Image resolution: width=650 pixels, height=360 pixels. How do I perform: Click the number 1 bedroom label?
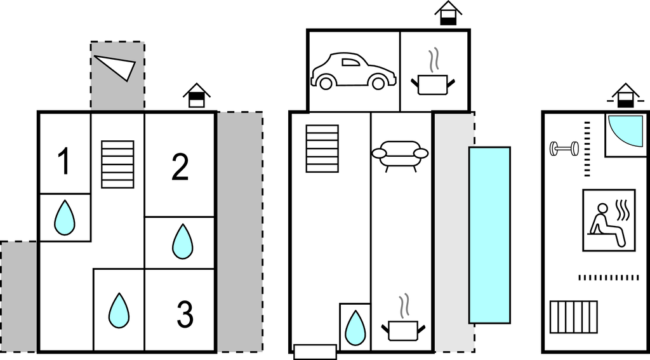click(x=63, y=161)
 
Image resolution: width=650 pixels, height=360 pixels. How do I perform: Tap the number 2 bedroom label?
click(x=180, y=166)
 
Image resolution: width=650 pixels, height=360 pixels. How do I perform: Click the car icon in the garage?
click(x=353, y=71)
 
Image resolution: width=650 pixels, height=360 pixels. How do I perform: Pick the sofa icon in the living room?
click(x=400, y=155)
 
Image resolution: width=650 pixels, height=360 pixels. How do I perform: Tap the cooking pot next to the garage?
click(x=434, y=76)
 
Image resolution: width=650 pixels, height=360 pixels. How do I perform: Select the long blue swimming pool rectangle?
click(x=489, y=235)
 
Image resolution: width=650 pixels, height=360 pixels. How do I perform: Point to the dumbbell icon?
click(x=564, y=149)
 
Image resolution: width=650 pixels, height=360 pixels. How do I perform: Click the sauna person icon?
click(x=609, y=220)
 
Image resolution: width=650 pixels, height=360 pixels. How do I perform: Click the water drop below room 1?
click(x=64, y=217)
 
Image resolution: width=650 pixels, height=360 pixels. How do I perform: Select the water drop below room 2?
click(x=183, y=241)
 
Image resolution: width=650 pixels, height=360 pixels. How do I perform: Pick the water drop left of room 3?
click(x=119, y=310)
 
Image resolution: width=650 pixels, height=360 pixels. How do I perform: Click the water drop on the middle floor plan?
click(x=355, y=327)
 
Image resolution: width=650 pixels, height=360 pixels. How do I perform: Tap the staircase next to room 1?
click(x=117, y=164)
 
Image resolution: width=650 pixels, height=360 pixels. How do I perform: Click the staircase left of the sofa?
click(x=322, y=148)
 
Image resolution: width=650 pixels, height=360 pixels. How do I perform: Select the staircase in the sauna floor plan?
click(x=574, y=317)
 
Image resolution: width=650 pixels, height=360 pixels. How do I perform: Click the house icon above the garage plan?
click(x=448, y=13)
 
